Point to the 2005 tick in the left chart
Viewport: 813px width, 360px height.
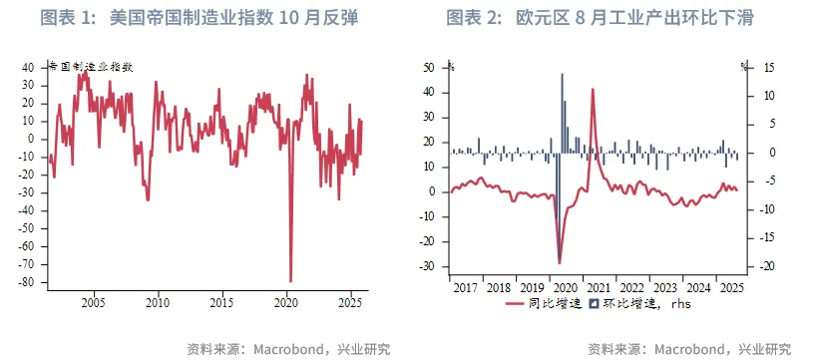[93, 300]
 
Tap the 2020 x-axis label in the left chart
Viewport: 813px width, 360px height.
[286, 300]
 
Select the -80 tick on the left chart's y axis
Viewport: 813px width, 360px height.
[28, 282]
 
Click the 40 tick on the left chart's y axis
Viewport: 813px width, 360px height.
[29, 68]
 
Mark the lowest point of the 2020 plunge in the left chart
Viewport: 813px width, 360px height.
[290, 280]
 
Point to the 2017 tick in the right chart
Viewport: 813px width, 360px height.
[466, 287]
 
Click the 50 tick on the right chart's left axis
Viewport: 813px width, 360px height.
[429, 68]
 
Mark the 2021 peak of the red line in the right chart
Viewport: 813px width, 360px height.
[593, 90]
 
